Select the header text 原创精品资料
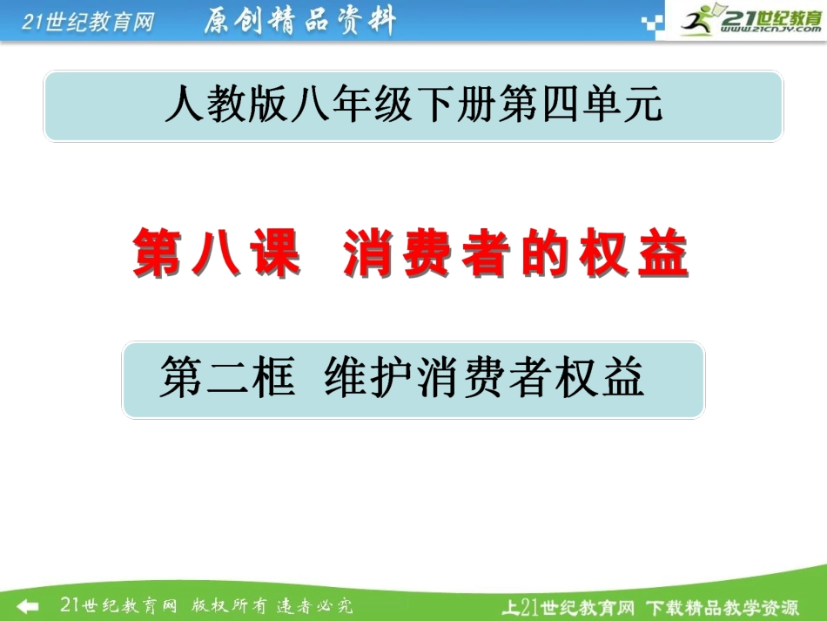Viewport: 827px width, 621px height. pos(299,21)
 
